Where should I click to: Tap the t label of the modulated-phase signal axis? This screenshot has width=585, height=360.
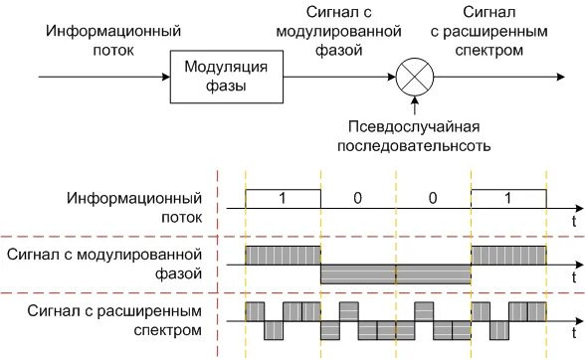click(x=574, y=274)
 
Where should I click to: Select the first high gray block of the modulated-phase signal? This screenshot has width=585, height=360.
click(x=284, y=254)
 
